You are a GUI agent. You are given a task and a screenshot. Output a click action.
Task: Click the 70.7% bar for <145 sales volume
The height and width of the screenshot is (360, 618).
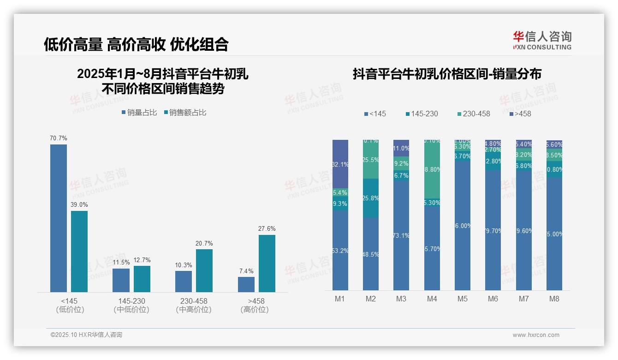coord(59,218)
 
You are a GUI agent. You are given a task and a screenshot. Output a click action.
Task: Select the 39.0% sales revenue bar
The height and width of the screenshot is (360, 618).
coord(79,251)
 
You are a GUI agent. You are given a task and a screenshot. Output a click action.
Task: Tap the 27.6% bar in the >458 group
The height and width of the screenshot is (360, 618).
coord(267,263)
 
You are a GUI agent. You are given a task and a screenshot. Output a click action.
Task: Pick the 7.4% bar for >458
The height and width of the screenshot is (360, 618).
coord(246,284)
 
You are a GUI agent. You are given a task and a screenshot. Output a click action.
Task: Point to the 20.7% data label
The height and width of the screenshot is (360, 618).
coord(204,243)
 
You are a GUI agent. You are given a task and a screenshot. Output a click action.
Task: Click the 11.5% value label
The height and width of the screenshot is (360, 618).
coord(121,262)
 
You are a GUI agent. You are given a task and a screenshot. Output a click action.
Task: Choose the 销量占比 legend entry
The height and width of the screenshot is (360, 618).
coord(139,113)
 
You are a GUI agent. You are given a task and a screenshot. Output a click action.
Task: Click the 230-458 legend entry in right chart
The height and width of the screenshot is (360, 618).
coord(474,114)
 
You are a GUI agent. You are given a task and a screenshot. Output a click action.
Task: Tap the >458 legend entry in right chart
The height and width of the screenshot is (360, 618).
coord(520,114)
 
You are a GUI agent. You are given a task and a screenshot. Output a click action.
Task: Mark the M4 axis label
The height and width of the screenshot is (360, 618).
coord(432,299)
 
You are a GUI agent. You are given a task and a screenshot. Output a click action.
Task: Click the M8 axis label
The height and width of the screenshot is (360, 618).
coord(554,299)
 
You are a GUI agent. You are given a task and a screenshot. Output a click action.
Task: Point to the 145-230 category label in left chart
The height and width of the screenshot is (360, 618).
coord(131,301)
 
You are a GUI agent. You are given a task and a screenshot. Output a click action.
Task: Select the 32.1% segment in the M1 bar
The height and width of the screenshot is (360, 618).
coord(340,164)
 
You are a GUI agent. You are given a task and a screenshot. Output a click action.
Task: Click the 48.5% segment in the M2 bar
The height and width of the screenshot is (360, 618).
coord(371,254)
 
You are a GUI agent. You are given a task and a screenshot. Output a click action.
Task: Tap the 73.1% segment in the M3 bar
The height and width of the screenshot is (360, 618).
coord(401,235)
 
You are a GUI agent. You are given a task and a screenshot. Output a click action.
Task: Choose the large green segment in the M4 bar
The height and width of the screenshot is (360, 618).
coord(432,170)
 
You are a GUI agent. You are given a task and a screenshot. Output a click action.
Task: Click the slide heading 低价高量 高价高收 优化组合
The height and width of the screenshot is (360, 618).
coord(136,44)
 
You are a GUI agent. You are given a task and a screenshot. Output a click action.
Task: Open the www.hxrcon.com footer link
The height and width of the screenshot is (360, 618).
coord(536,335)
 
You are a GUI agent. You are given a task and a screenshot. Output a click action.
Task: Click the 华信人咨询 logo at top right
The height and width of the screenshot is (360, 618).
coord(542,40)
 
